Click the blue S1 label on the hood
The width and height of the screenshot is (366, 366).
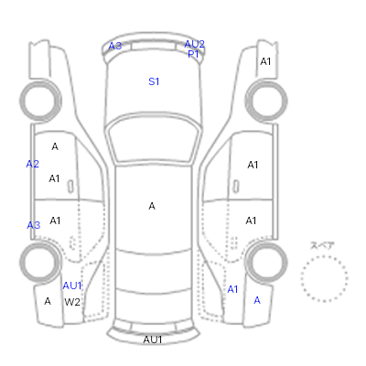[154, 81]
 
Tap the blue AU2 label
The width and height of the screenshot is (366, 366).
[194, 44]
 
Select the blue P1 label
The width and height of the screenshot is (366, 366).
[193, 54]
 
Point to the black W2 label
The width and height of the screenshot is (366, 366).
[72, 302]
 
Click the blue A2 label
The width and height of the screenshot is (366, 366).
[32, 164]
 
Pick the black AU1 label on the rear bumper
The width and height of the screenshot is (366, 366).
[153, 339]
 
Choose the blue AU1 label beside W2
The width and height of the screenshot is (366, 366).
[72, 285]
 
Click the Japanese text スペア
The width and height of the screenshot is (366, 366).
[322, 245]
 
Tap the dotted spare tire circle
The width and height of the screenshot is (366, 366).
[324, 256]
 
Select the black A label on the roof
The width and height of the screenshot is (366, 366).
[152, 206]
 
